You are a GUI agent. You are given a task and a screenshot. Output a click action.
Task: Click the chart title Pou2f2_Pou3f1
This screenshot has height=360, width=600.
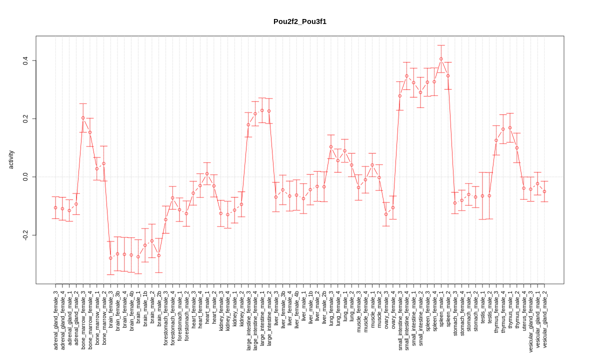[x=299, y=21]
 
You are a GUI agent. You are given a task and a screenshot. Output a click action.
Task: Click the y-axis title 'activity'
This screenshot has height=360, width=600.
[x=11, y=159]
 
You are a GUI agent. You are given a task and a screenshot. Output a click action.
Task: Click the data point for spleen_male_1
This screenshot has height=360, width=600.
[x=441, y=59]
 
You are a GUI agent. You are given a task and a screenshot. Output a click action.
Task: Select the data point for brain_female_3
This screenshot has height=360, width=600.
[x=110, y=258]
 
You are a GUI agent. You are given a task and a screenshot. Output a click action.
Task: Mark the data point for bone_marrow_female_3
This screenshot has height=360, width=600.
[x=83, y=118]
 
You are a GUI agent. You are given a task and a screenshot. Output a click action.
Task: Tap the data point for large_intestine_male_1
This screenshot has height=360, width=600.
[x=262, y=110]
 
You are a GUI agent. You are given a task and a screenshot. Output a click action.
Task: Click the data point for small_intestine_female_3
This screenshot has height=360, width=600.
[x=400, y=96]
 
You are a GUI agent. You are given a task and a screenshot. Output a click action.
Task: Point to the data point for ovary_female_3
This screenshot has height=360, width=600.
[x=386, y=214]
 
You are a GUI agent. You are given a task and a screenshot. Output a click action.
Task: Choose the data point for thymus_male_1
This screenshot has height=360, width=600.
[x=510, y=128]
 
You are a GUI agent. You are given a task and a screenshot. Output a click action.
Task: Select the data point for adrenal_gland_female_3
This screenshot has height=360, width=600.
[x=55, y=207]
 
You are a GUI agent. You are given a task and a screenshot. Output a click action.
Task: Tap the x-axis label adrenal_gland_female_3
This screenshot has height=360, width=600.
[x=55, y=320]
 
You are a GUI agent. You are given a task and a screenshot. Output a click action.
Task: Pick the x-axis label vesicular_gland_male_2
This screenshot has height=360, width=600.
[x=544, y=319]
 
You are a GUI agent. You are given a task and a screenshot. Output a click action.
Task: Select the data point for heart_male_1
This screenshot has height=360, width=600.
[x=207, y=173]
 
